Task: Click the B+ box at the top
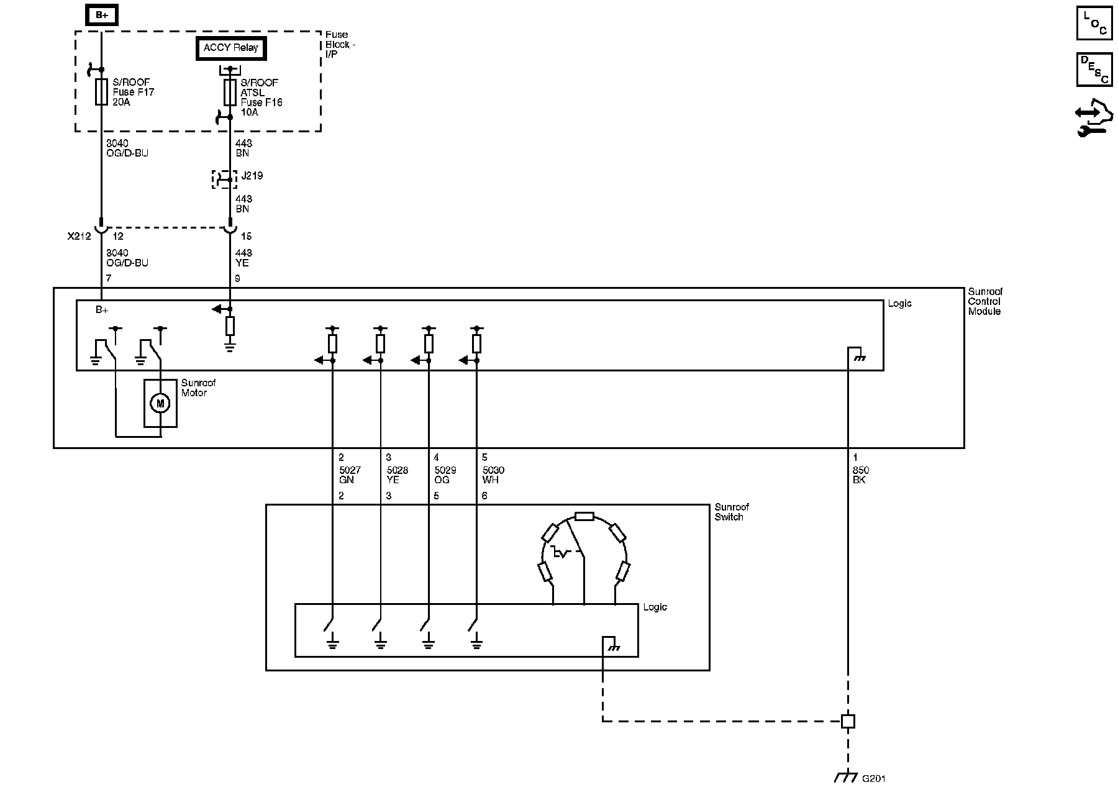(x=101, y=15)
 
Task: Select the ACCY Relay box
(x=230, y=48)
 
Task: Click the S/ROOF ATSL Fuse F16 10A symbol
(x=230, y=92)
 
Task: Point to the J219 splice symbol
(x=224, y=179)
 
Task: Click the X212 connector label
(x=79, y=237)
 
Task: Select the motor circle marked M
(x=160, y=404)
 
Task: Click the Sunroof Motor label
(x=198, y=388)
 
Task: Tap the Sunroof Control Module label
(x=984, y=301)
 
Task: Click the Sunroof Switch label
(x=732, y=512)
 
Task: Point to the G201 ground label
(x=873, y=778)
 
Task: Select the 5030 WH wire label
(x=493, y=475)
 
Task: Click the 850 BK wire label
(x=860, y=475)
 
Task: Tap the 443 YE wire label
(x=243, y=258)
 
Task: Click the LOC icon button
(x=1094, y=24)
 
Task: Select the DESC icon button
(x=1094, y=70)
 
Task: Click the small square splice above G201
(x=848, y=721)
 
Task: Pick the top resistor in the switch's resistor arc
(x=584, y=516)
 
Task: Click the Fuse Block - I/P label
(x=340, y=45)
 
